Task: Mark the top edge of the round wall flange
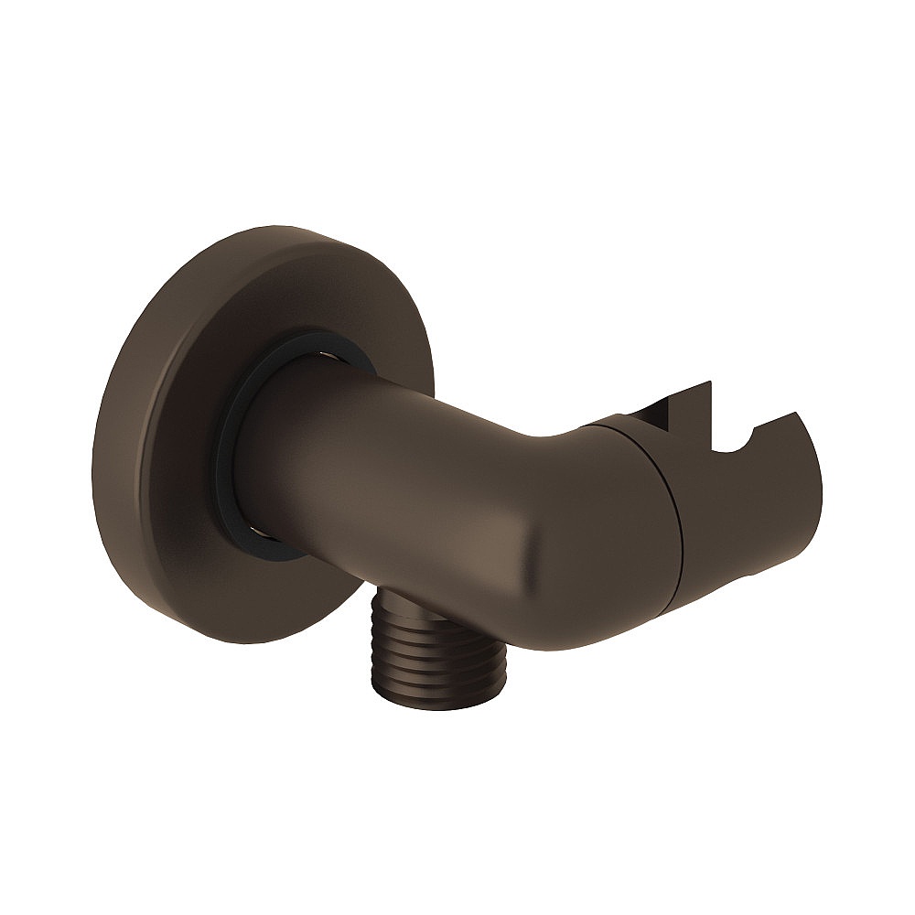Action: point(274,225)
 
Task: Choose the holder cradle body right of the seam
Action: point(741,512)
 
